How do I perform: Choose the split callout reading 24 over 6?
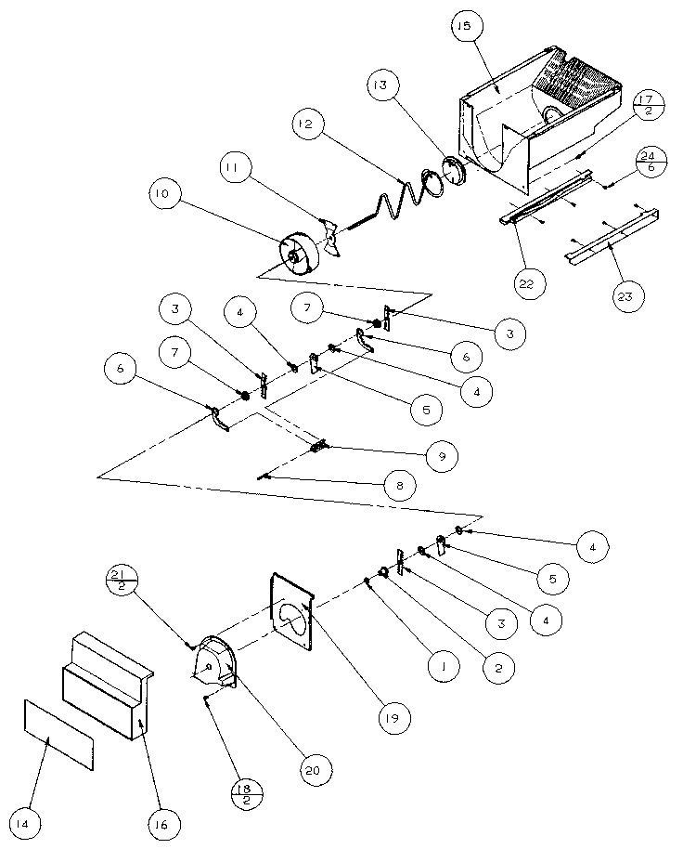coord(652,162)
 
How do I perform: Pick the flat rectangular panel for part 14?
coord(58,734)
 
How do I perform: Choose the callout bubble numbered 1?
coord(444,666)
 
